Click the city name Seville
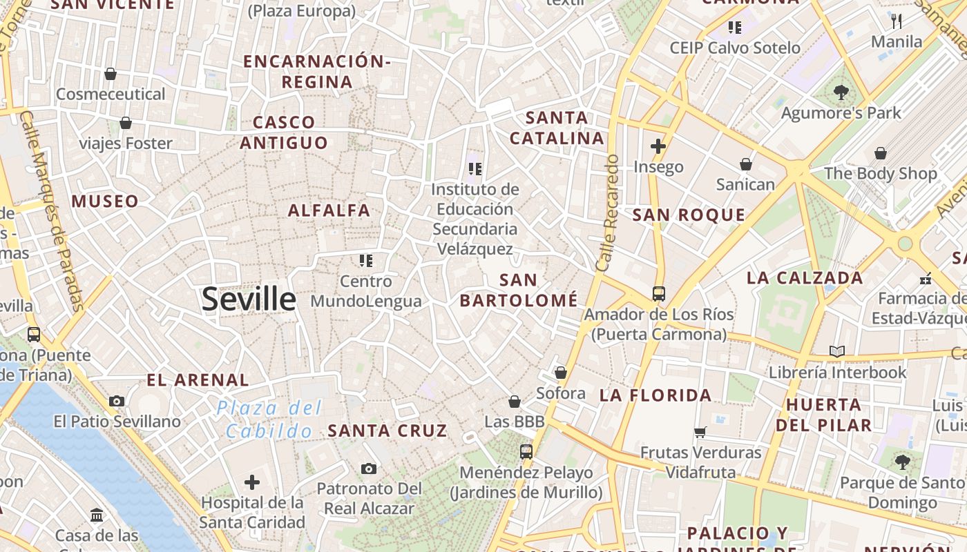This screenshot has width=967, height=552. pyautogui.click(x=249, y=299)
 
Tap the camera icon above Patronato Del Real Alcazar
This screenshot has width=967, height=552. pyautogui.click(x=369, y=469)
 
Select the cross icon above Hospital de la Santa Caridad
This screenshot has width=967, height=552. pyautogui.click(x=252, y=482)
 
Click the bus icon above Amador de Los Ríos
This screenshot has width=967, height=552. pyautogui.click(x=658, y=294)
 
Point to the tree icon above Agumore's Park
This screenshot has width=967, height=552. pyautogui.click(x=841, y=92)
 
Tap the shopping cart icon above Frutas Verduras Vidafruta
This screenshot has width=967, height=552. pyautogui.click(x=700, y=433)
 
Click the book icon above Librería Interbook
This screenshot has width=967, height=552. pyautogui.click(x=837, y=352)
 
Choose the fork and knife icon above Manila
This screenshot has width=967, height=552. pyautogui.click(x=897, y=21)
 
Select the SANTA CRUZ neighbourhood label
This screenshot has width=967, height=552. pyautogui.click(x=387, y=431)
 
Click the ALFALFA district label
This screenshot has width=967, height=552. pyautogui.click(x=329, y=210)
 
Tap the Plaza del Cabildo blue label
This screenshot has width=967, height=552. pyautogui.click(x=269, y=419)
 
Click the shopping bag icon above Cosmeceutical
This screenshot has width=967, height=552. pyautogui.click(x=111, y=74)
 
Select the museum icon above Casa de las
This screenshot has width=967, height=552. pyautogui.click(x=97, y=515)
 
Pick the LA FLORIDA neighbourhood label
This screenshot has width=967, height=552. pyautogui.click(x=655, y=395)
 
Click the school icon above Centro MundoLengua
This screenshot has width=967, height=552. pyautogui.click(x=365, y=261)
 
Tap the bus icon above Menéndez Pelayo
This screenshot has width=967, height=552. pyautogui.click(x=526, y=452)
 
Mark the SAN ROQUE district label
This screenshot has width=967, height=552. pyautogui.click(x=689, y=215)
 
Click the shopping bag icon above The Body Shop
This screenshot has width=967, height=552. pyautogui.click(x=881, y=153)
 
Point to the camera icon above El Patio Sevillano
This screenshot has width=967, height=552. pyautogui.click(x=117, y=401)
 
